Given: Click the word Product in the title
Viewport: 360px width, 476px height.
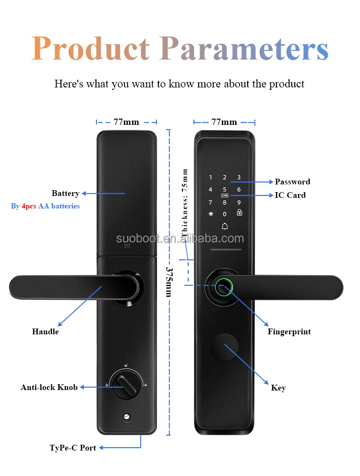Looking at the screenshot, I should point(91,49).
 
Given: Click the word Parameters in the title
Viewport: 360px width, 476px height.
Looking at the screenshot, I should point(244,49).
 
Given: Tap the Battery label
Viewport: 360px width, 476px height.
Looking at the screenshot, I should point(65,194).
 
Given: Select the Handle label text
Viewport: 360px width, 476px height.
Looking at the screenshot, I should point(46,331).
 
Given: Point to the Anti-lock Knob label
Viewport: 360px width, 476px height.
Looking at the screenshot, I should point(49,387).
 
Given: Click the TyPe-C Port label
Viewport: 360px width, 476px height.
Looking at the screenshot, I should point(73,448).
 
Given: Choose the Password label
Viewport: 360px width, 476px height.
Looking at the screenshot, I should point(292,182).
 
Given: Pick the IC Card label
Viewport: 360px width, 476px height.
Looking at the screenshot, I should point(290,195).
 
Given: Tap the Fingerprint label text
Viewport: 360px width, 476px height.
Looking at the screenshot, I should point(289,331).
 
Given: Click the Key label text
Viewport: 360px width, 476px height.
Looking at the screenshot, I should point(278,388).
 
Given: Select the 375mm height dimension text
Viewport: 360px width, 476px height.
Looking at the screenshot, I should point(168,282).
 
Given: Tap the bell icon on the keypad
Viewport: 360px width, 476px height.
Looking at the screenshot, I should point(225,226).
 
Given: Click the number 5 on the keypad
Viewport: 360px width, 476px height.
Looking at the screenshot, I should point(225,190).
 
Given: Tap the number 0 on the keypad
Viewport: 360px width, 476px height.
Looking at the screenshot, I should point(225,214).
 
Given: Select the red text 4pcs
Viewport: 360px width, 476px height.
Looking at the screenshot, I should point(29,206).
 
